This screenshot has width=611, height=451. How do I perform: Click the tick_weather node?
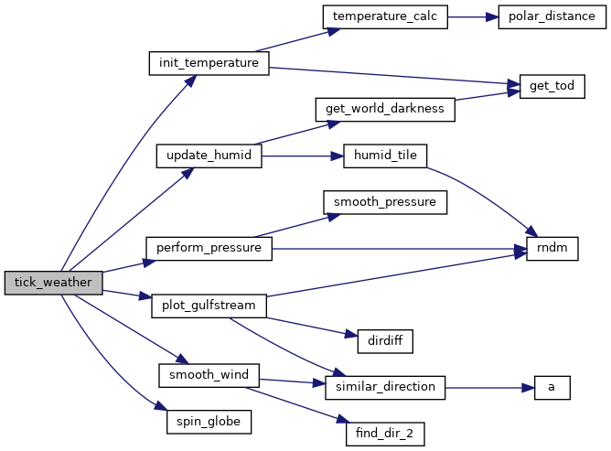(52, 283)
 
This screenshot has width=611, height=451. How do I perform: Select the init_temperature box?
(209, 64)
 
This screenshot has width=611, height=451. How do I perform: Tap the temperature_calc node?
(383, 17)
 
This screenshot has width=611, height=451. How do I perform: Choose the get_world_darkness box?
(384, 109)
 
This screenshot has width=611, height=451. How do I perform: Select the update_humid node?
(209, 156)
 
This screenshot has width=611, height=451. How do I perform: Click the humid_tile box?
(384, 156)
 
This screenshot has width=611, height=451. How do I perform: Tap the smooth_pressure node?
(384, 202)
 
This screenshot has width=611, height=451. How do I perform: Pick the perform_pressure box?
(209, 248)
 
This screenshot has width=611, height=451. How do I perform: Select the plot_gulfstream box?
(209, 305)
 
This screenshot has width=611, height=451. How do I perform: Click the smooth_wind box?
(209, 375)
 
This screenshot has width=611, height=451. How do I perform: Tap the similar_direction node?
(384, 386)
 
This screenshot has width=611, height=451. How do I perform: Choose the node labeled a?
(552, 386)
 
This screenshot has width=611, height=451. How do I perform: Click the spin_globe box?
(209, 422)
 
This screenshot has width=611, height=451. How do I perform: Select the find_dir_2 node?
(384, 433)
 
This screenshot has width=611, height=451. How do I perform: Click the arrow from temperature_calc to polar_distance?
(472, 17)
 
